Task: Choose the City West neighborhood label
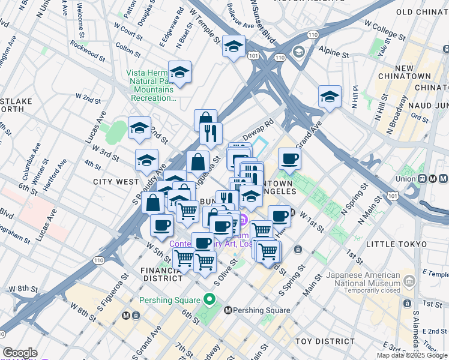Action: (116, 181)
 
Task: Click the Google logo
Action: (20, 353)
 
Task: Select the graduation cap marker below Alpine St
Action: (330, 96)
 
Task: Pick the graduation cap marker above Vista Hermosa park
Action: (179, 73)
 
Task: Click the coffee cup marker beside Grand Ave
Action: (289, 159)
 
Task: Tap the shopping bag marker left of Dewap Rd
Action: (205, 120)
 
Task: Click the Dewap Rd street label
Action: (261, 127)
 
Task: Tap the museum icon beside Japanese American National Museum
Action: (409, 280)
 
